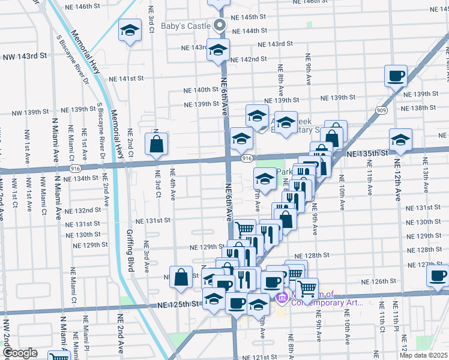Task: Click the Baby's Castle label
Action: [186, 26]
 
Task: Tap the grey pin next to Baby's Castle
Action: [220, 26]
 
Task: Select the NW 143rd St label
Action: [25, 56]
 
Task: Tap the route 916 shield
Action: [247, 158]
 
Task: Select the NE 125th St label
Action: [178, 305]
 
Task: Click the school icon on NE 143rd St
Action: [218, 50]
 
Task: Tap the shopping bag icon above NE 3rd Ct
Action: [156, 144]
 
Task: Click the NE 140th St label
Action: [201, 90]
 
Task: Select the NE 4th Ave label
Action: [173, 188]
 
